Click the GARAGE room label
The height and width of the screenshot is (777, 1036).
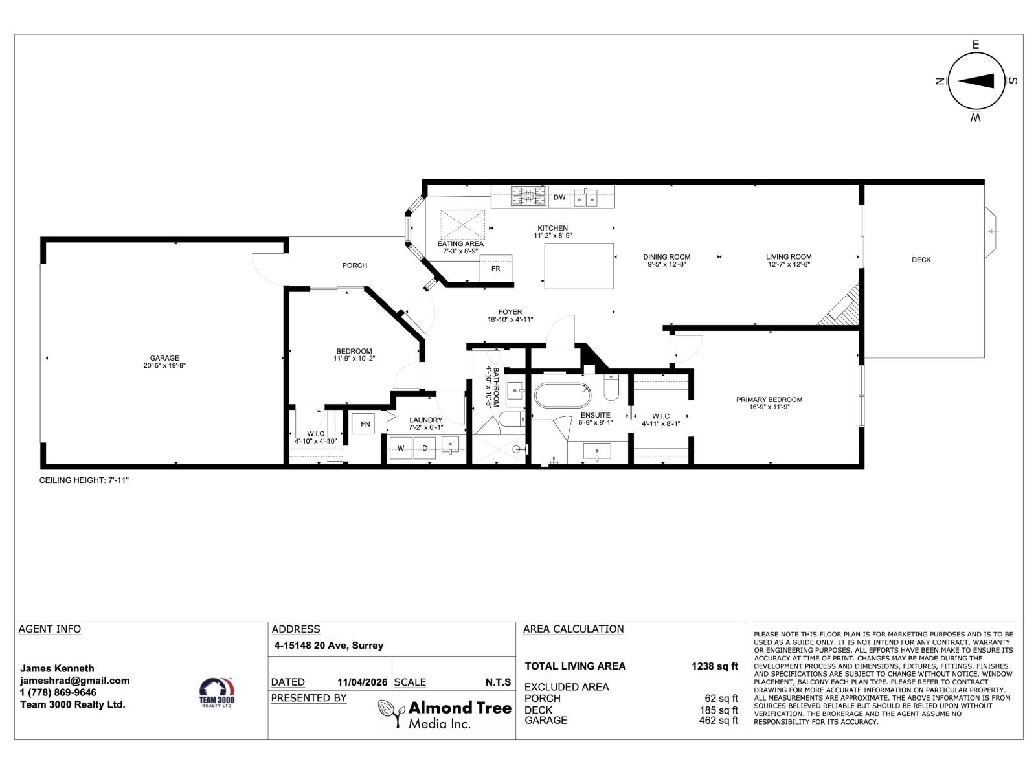tap(164, 358)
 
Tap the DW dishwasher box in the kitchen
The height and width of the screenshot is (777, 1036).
tap(559, 197)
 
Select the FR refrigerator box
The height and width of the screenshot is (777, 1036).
tap(496, 268)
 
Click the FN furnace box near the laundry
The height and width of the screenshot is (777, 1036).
tap(365, 424)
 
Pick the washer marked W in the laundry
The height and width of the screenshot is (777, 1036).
tap(401, 448)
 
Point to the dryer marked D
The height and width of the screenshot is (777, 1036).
tap(425, 448)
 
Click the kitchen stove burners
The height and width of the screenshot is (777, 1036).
tap(528, 197)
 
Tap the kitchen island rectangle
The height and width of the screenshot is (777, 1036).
tap(579, 266)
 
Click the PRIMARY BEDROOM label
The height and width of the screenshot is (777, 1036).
tap(769, 400)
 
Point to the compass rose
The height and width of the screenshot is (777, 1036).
tap(976, 81)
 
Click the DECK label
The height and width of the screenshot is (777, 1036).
tap(921, 260)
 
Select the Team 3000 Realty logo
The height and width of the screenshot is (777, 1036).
tap(217, 692)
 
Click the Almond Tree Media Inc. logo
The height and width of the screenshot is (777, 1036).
tap(445, 715)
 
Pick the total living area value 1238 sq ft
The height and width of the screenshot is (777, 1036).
tap(715, 666)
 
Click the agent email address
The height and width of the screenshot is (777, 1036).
tap(75, 681)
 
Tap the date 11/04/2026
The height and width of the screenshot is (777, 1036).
tap(362, 682)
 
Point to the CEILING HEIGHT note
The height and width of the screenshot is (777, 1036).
tap(85, 480)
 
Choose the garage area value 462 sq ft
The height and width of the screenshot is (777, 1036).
tap(718, 720)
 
